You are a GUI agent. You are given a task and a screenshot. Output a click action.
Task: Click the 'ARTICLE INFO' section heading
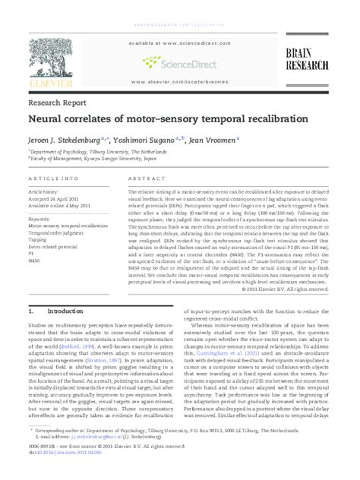pos(53,177)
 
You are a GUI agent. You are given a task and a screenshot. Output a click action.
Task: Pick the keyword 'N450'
pos(36,261)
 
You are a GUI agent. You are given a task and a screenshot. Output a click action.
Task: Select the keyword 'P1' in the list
pos(33,253)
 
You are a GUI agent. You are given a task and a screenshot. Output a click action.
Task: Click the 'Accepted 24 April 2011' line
pos(55,200)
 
